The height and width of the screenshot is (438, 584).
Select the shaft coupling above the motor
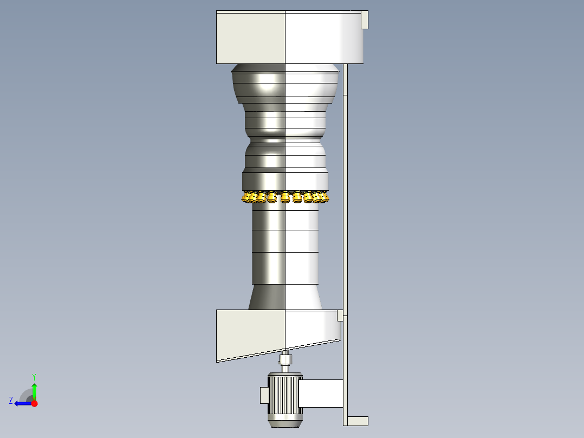click(285, 360)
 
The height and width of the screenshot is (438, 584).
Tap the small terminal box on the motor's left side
click(264, 395)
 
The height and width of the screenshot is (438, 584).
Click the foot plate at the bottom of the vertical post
click(357, 421)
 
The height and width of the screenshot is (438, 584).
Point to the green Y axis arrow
click(34, 390)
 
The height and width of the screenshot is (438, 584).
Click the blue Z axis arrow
click(22, 403)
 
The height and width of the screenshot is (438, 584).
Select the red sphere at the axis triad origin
click(34, 403)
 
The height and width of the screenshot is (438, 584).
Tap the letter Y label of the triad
click(34, 376)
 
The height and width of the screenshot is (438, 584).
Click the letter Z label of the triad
click(11, 401)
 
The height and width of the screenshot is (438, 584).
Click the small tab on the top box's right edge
click(365, 20)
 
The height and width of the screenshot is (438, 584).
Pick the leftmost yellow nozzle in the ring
click(248, 198)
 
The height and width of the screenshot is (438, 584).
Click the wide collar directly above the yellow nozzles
click(285, 180)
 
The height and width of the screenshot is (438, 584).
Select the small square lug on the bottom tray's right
click(340, 314)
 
